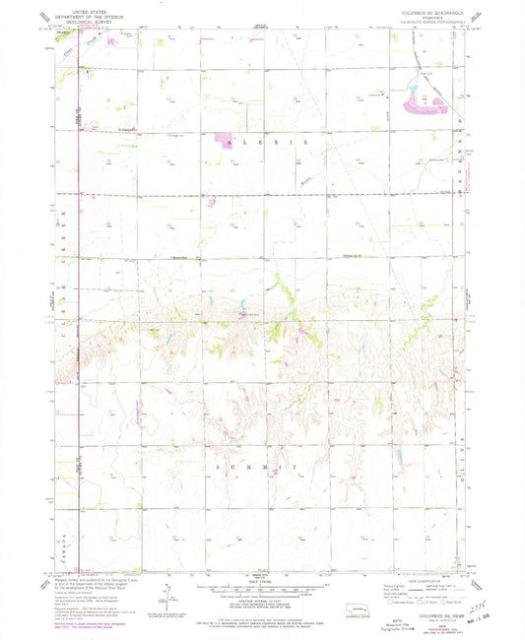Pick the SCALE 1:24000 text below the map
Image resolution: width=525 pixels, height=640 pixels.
(262, 581)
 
